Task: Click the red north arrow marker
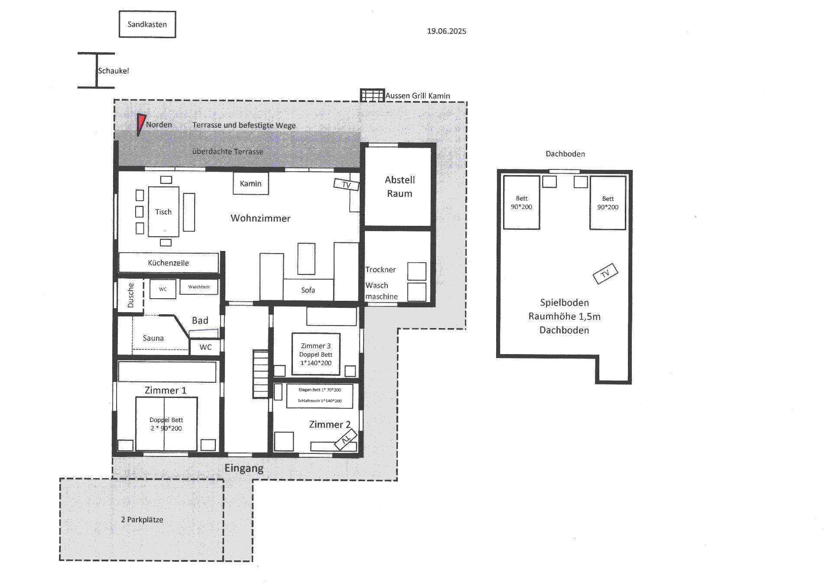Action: pos(140,124)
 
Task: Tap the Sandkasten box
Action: pos(147,24)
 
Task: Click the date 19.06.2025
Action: pos(446,31)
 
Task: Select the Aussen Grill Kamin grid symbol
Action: pos(372,95)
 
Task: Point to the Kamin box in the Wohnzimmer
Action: pos(250,183)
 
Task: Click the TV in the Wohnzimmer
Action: pos(346,185)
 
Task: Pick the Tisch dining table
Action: pos(163,212)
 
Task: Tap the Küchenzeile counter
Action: pos(168,263)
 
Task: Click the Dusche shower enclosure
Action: pos(130,295)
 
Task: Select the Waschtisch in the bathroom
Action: pos(198,287)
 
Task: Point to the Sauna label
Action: pos(153,338)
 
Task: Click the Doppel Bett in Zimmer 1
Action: pos(166,424)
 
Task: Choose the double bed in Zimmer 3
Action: pos(315,354)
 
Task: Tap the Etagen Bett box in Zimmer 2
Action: pos(320,395)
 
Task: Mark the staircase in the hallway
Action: pos(261,374)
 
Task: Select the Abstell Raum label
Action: pos(400,186)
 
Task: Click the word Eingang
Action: pos(244,468)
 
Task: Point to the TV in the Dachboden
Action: pos(605,274)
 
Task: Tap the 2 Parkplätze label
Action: pos(142,519)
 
